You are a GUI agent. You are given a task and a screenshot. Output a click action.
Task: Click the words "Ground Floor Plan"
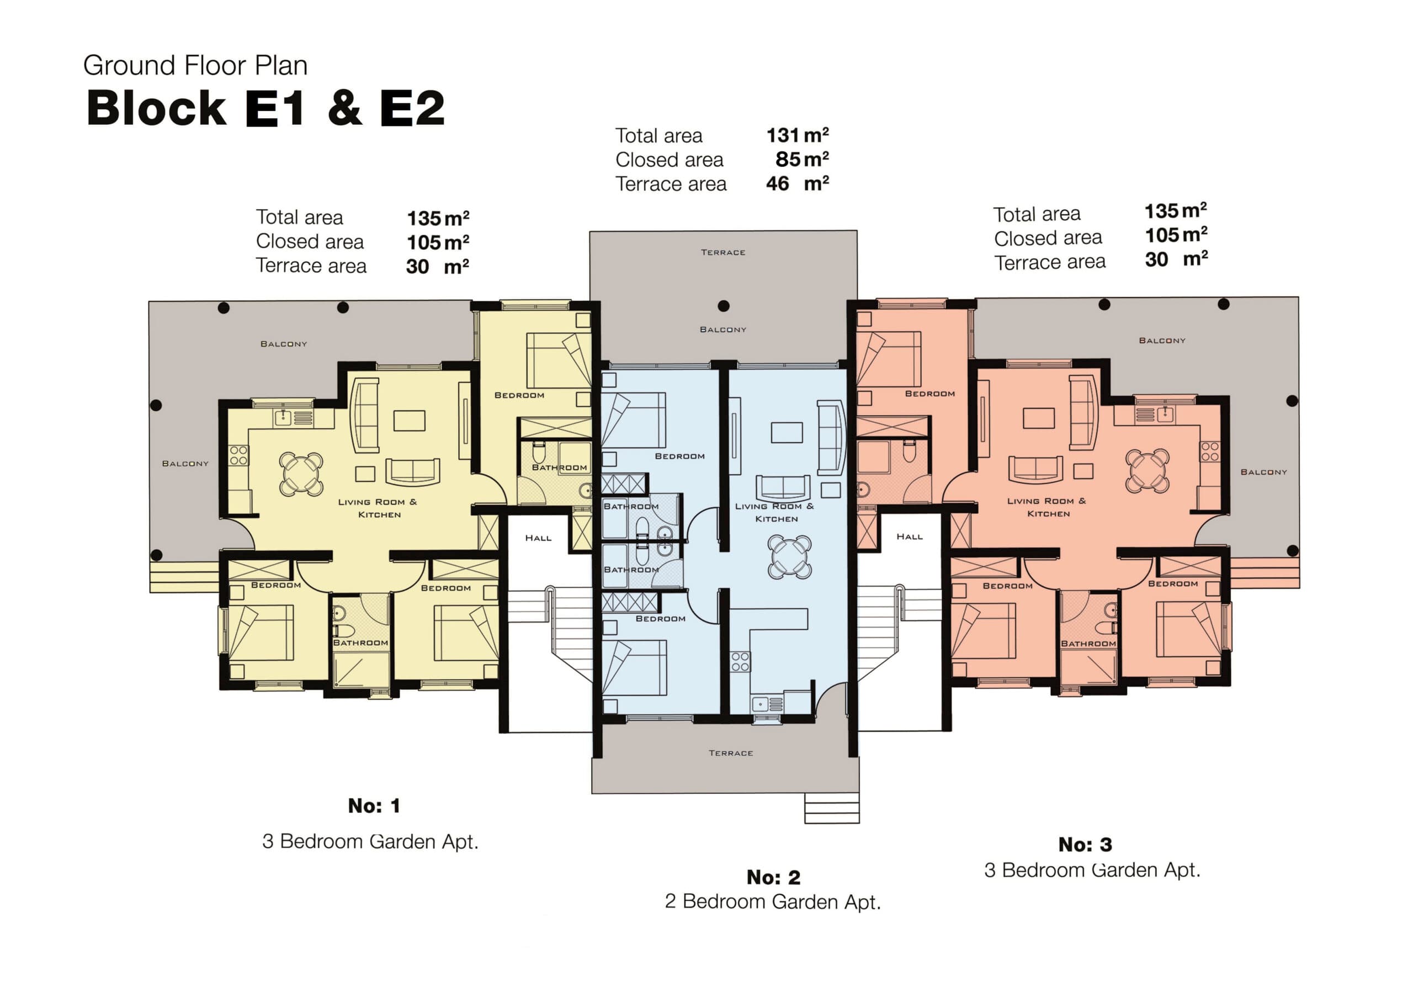[195, 65]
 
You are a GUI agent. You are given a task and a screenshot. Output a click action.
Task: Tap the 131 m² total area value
[797, 135]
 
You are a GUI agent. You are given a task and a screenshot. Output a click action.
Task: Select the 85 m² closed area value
[801, 160]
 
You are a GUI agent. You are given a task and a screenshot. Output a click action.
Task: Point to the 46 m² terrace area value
[797, 183]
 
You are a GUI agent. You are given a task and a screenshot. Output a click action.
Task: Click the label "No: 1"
[374, 806]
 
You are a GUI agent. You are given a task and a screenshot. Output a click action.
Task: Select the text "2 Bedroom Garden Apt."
[772, 902]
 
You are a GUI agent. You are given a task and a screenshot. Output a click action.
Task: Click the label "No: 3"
[1085, 844]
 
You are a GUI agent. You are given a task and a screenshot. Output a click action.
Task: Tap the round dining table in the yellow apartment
[301, 474]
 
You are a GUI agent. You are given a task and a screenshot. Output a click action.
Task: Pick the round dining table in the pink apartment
[1147, 470]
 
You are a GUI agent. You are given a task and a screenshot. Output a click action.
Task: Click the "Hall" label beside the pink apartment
[909, 536]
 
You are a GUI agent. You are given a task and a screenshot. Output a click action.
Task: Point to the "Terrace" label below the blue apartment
[730, 753]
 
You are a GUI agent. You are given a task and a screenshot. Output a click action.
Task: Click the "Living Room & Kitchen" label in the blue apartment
[775, 512]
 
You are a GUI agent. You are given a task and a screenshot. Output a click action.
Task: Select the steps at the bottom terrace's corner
[831, 807]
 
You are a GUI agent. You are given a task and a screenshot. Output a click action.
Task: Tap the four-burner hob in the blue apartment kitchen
[740, 662]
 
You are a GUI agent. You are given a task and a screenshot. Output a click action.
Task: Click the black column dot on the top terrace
[724, 306]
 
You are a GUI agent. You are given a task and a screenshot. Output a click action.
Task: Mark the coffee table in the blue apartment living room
[787, 432]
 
